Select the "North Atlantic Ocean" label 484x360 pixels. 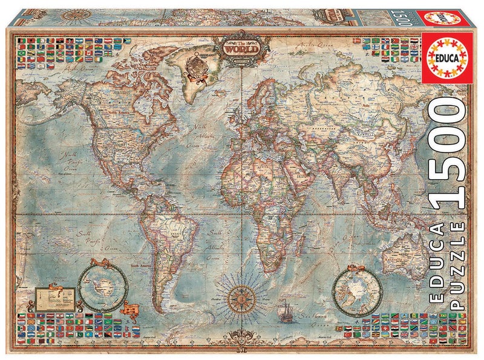(x=200, y=136)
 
